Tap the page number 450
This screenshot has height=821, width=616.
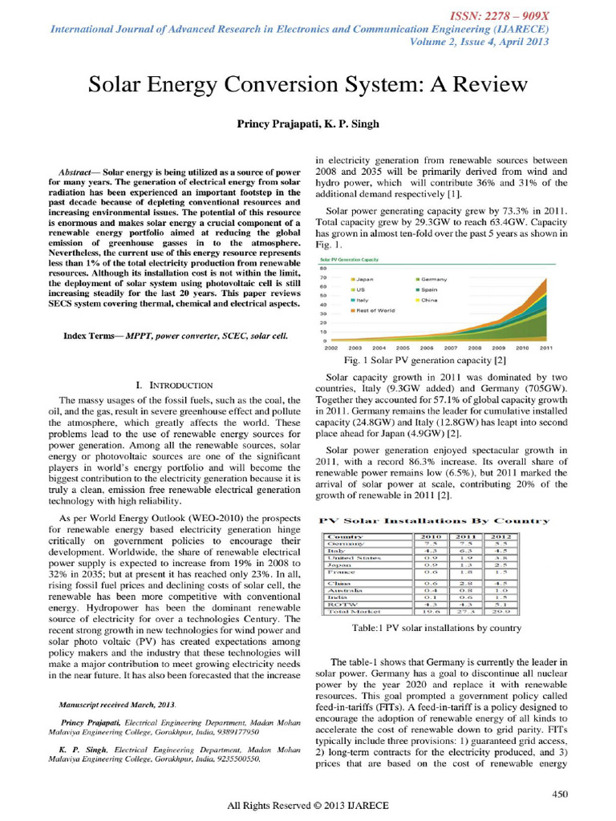pyautogui.click(x=560, y=793)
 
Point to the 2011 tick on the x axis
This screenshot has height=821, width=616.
pyautogui.click(x=546, y=349)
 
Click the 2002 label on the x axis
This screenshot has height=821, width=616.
pyautogui.click(x=330, y=349)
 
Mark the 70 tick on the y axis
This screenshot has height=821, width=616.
pyautogui.click(x=322, y=277)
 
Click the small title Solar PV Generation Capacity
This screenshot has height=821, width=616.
pyautogui.click(x=350, y=260)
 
